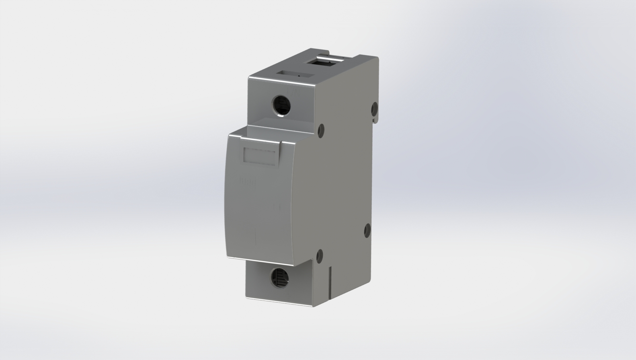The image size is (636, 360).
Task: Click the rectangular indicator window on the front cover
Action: point(261,155)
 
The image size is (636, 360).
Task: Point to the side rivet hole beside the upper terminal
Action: point(320,130)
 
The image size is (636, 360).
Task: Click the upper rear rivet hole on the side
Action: point(374,107)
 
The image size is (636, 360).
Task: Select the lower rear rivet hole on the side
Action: point(367,230)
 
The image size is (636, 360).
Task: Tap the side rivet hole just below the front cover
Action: point(320,255)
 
